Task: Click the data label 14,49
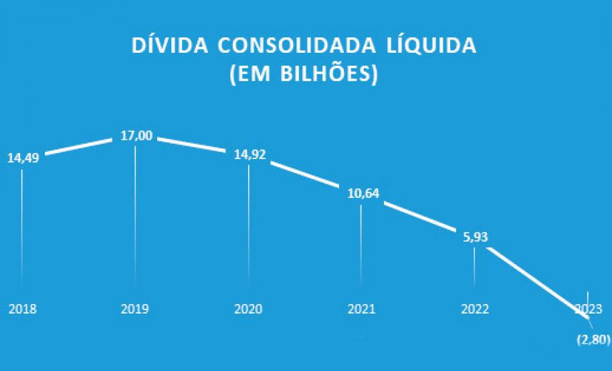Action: click(23, 159)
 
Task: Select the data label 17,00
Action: click(136, 136)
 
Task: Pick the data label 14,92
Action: click(249, 154)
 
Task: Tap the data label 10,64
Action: click(363, 195)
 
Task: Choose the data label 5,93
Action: click(475, 237)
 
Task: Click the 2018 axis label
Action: click(22, 310)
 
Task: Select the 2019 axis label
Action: click(135, 310)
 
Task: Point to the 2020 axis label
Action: click(248, 310)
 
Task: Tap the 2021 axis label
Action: click(362, 310)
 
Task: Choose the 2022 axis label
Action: click(475, 310)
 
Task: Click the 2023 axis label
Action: click(588, 310)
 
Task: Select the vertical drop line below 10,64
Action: click(362, 247)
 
